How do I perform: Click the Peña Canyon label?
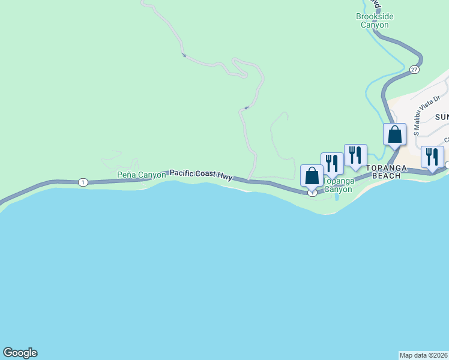pyautogui.click(x=141, y=175)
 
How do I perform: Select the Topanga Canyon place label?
pyautogui.click(x=339, y=185)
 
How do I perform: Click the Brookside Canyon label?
pyautogui.click(x=375, y=20)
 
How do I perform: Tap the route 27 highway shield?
pyautogui.click(x=414, y=70)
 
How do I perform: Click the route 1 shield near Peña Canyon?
pyautogui.click(x=83, y=182)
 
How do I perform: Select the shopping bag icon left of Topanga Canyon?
pyautogui.click(x=312, y=176)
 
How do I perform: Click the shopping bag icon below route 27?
pyautogui.click(x=395, y=134)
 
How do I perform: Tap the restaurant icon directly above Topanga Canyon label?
pyautogui.click(x=332, y=163)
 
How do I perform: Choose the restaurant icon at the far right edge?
pyautogui.click(x=432, y=157)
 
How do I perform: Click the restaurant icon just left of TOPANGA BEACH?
pyautogui.click(x=355, y=155)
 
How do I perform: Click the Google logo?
pyautogui.click(x=20, y=353)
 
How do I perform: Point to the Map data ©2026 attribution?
pyautogui.click(x=423, y=355)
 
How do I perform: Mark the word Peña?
pyautogui.click(x=126, y=175)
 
